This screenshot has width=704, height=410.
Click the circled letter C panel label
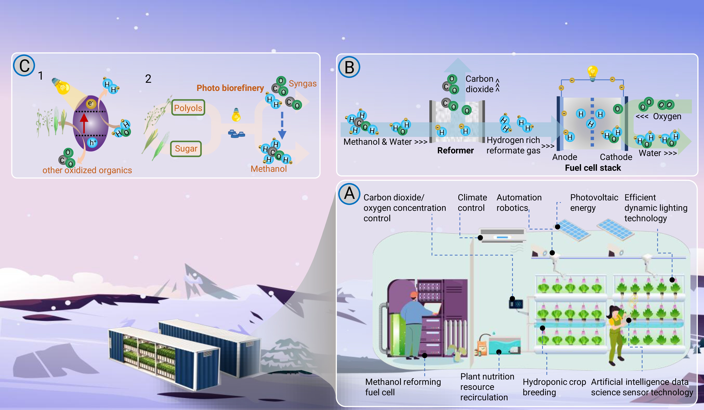24,66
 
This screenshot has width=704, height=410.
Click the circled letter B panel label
349,67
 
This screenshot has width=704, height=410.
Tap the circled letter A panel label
349,193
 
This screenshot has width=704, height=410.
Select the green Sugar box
186,149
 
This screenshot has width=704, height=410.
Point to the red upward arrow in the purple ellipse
84,123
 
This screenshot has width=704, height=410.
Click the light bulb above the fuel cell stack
592,72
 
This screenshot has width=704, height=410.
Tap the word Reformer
455,150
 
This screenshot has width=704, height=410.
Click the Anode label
565,157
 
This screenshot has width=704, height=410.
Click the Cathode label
616,157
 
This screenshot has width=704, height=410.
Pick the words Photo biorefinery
230,88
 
